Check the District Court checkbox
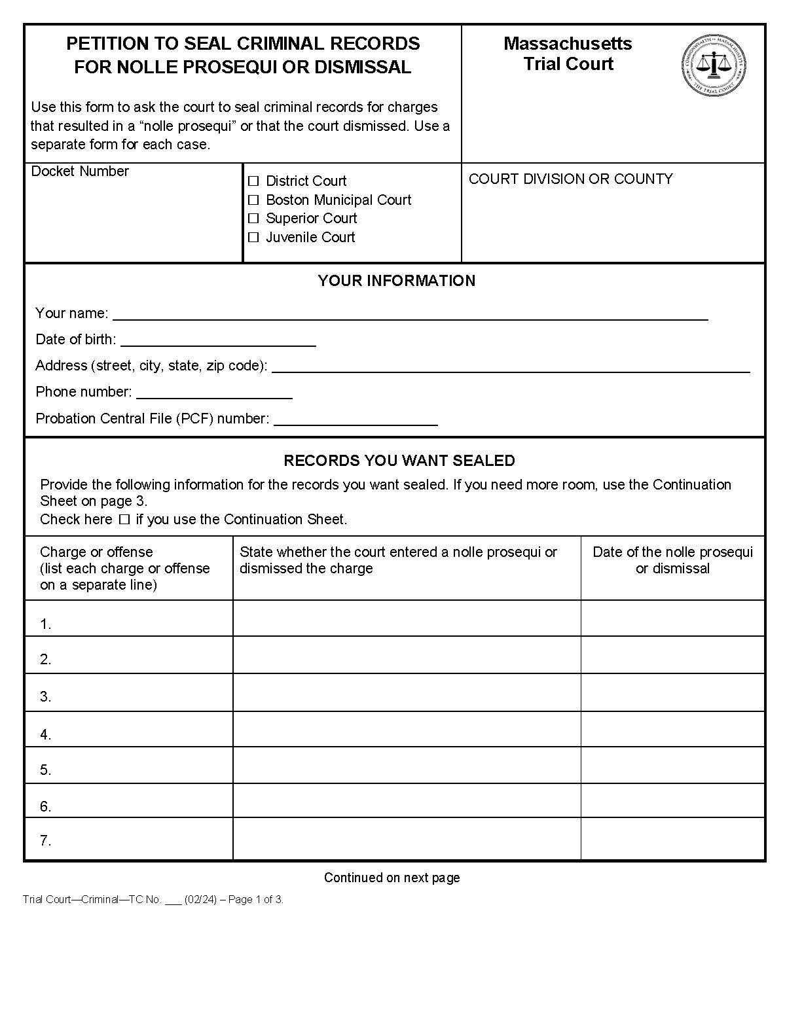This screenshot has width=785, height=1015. click(x=253, y=181)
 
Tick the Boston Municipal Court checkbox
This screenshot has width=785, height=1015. click(x=253, y=200)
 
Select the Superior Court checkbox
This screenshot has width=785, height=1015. click(x=253, y=219)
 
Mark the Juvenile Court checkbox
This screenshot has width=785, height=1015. click(x=253, y=238)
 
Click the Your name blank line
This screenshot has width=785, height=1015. click(x=410, y=313)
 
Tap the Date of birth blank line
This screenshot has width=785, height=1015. click(x=218, y=340)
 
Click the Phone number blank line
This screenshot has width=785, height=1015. click(x=214, y=392)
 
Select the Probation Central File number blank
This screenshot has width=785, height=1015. click(x=356, y=419)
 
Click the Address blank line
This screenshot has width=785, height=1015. click(x=511, y=366)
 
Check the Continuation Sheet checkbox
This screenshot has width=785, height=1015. click(x=124, y=520)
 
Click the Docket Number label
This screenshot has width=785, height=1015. click(x=80, y=171)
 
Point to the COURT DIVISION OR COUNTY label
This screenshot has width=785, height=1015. click(x=570, y=179)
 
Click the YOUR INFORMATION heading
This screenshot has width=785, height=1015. click(x=396, y=281)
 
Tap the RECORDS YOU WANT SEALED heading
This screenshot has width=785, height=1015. click(x=399, y=461)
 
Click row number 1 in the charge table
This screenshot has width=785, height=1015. click(x=46, y=624)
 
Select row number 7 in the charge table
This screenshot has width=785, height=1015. click(x=46, y=840)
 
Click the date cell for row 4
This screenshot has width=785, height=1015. click(x=672, y=729)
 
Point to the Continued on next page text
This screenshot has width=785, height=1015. click(x=392, y=878)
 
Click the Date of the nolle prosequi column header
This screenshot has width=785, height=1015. click(x=672, y=560)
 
